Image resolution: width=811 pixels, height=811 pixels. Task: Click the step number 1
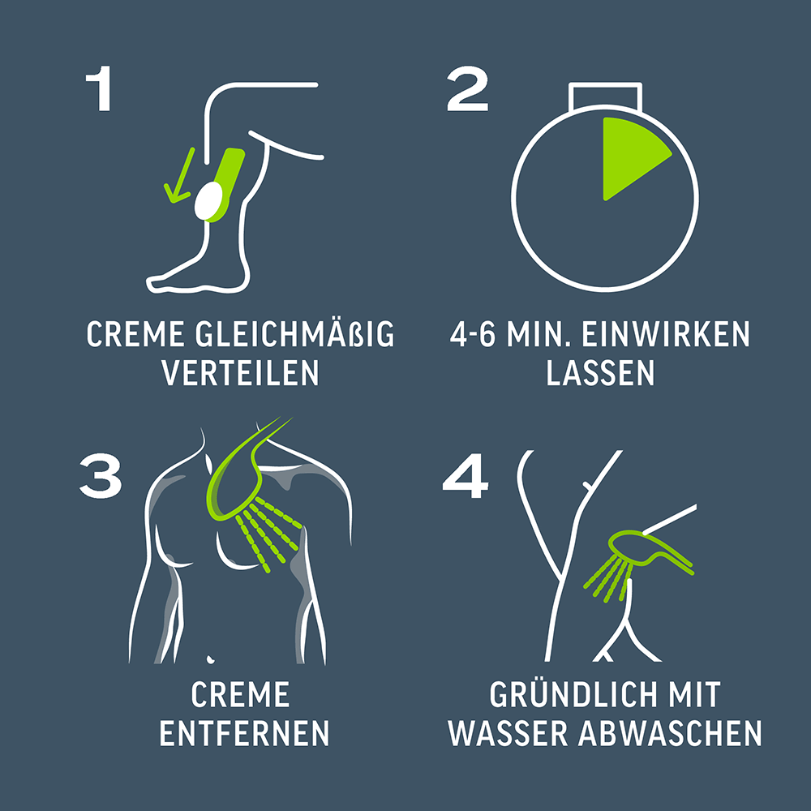pyautogui.click(x=100, y=88)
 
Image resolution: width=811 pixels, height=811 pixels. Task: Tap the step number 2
pyautogui.click(x=468, y=88)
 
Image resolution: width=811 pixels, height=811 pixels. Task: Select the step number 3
pyautogui.click(x=101, y=476)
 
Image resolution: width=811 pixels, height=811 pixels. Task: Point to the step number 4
pyautogui.click(x=465, y=476)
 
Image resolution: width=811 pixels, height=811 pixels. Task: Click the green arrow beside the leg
pyautogui.click(x=179, y=175)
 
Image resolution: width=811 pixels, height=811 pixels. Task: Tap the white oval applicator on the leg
pyautogui.click(x=208, y=200)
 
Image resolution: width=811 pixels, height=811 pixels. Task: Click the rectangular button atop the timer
pyautogui.click(x=605, y=97)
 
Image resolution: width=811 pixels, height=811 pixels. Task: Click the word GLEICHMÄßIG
pyautogui.click(x=295, y=335)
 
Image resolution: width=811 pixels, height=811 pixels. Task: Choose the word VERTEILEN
pyautogui.click(x=241, y=372)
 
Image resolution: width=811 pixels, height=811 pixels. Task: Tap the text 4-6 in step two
pyautogui.click(x=472, y=335)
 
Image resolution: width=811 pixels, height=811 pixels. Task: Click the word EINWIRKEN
pyautogui.click(x=666, y=335)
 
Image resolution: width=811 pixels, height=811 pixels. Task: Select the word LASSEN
pyautogui.click(x=600, y=372)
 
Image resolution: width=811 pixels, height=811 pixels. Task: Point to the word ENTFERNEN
pyautogui.click(x=244, y=732)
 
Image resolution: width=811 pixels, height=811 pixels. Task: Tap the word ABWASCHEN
pyautogui.click(x=670, y=732)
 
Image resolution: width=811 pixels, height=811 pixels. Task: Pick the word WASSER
pyautogui.click(x=508, y=732)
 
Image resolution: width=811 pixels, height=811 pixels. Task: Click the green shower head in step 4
pyautogui.click(x=649, y=551)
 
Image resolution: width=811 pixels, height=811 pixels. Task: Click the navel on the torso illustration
pyautogui.click(x=210, y=659)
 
